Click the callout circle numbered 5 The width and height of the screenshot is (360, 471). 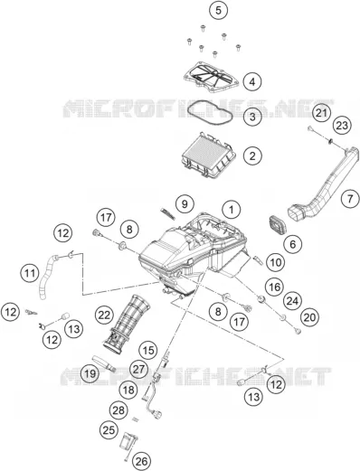[218, 11]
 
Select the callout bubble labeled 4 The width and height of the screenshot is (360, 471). [252, 81]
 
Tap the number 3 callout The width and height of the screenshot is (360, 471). [252, 117]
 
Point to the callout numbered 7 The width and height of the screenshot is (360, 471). [350, 199]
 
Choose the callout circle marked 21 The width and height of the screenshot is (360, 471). [321, 113]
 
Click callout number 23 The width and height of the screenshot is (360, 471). [342, 125]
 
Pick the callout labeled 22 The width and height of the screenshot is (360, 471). [104, 316]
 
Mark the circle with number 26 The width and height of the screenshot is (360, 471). [142, 461]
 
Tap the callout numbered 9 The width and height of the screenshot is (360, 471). [185, 204]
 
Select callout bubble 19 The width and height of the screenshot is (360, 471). [90, 374]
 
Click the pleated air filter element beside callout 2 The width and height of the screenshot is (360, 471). [208, 155]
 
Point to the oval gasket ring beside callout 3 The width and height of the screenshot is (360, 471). [210, 113]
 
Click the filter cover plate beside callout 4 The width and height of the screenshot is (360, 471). [212, 77]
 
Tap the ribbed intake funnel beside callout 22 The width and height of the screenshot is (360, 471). [128, 324]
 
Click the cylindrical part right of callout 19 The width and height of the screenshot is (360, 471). [104, 363]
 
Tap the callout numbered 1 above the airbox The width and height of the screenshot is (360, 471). [232, 210]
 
